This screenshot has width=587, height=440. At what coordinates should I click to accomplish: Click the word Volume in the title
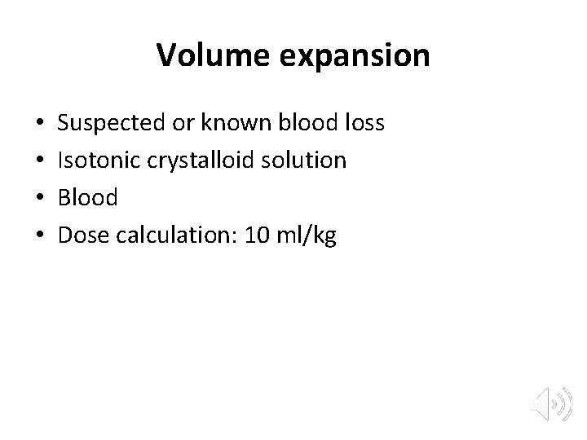pos(205,55)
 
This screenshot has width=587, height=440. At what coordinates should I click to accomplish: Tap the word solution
pos(307,160)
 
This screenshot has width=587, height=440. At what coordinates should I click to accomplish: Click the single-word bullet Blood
pos(88,197)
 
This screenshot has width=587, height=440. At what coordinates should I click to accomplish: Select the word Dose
pos(83,235)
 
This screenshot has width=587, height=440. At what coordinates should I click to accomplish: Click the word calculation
pos(171,235)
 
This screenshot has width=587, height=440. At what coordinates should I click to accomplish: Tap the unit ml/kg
pos(307,235)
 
